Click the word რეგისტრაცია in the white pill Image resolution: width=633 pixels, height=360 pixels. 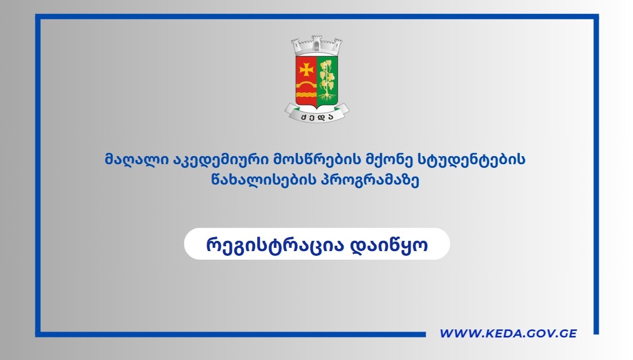[270, 245]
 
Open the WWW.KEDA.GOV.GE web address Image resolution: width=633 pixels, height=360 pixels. [508, 334]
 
